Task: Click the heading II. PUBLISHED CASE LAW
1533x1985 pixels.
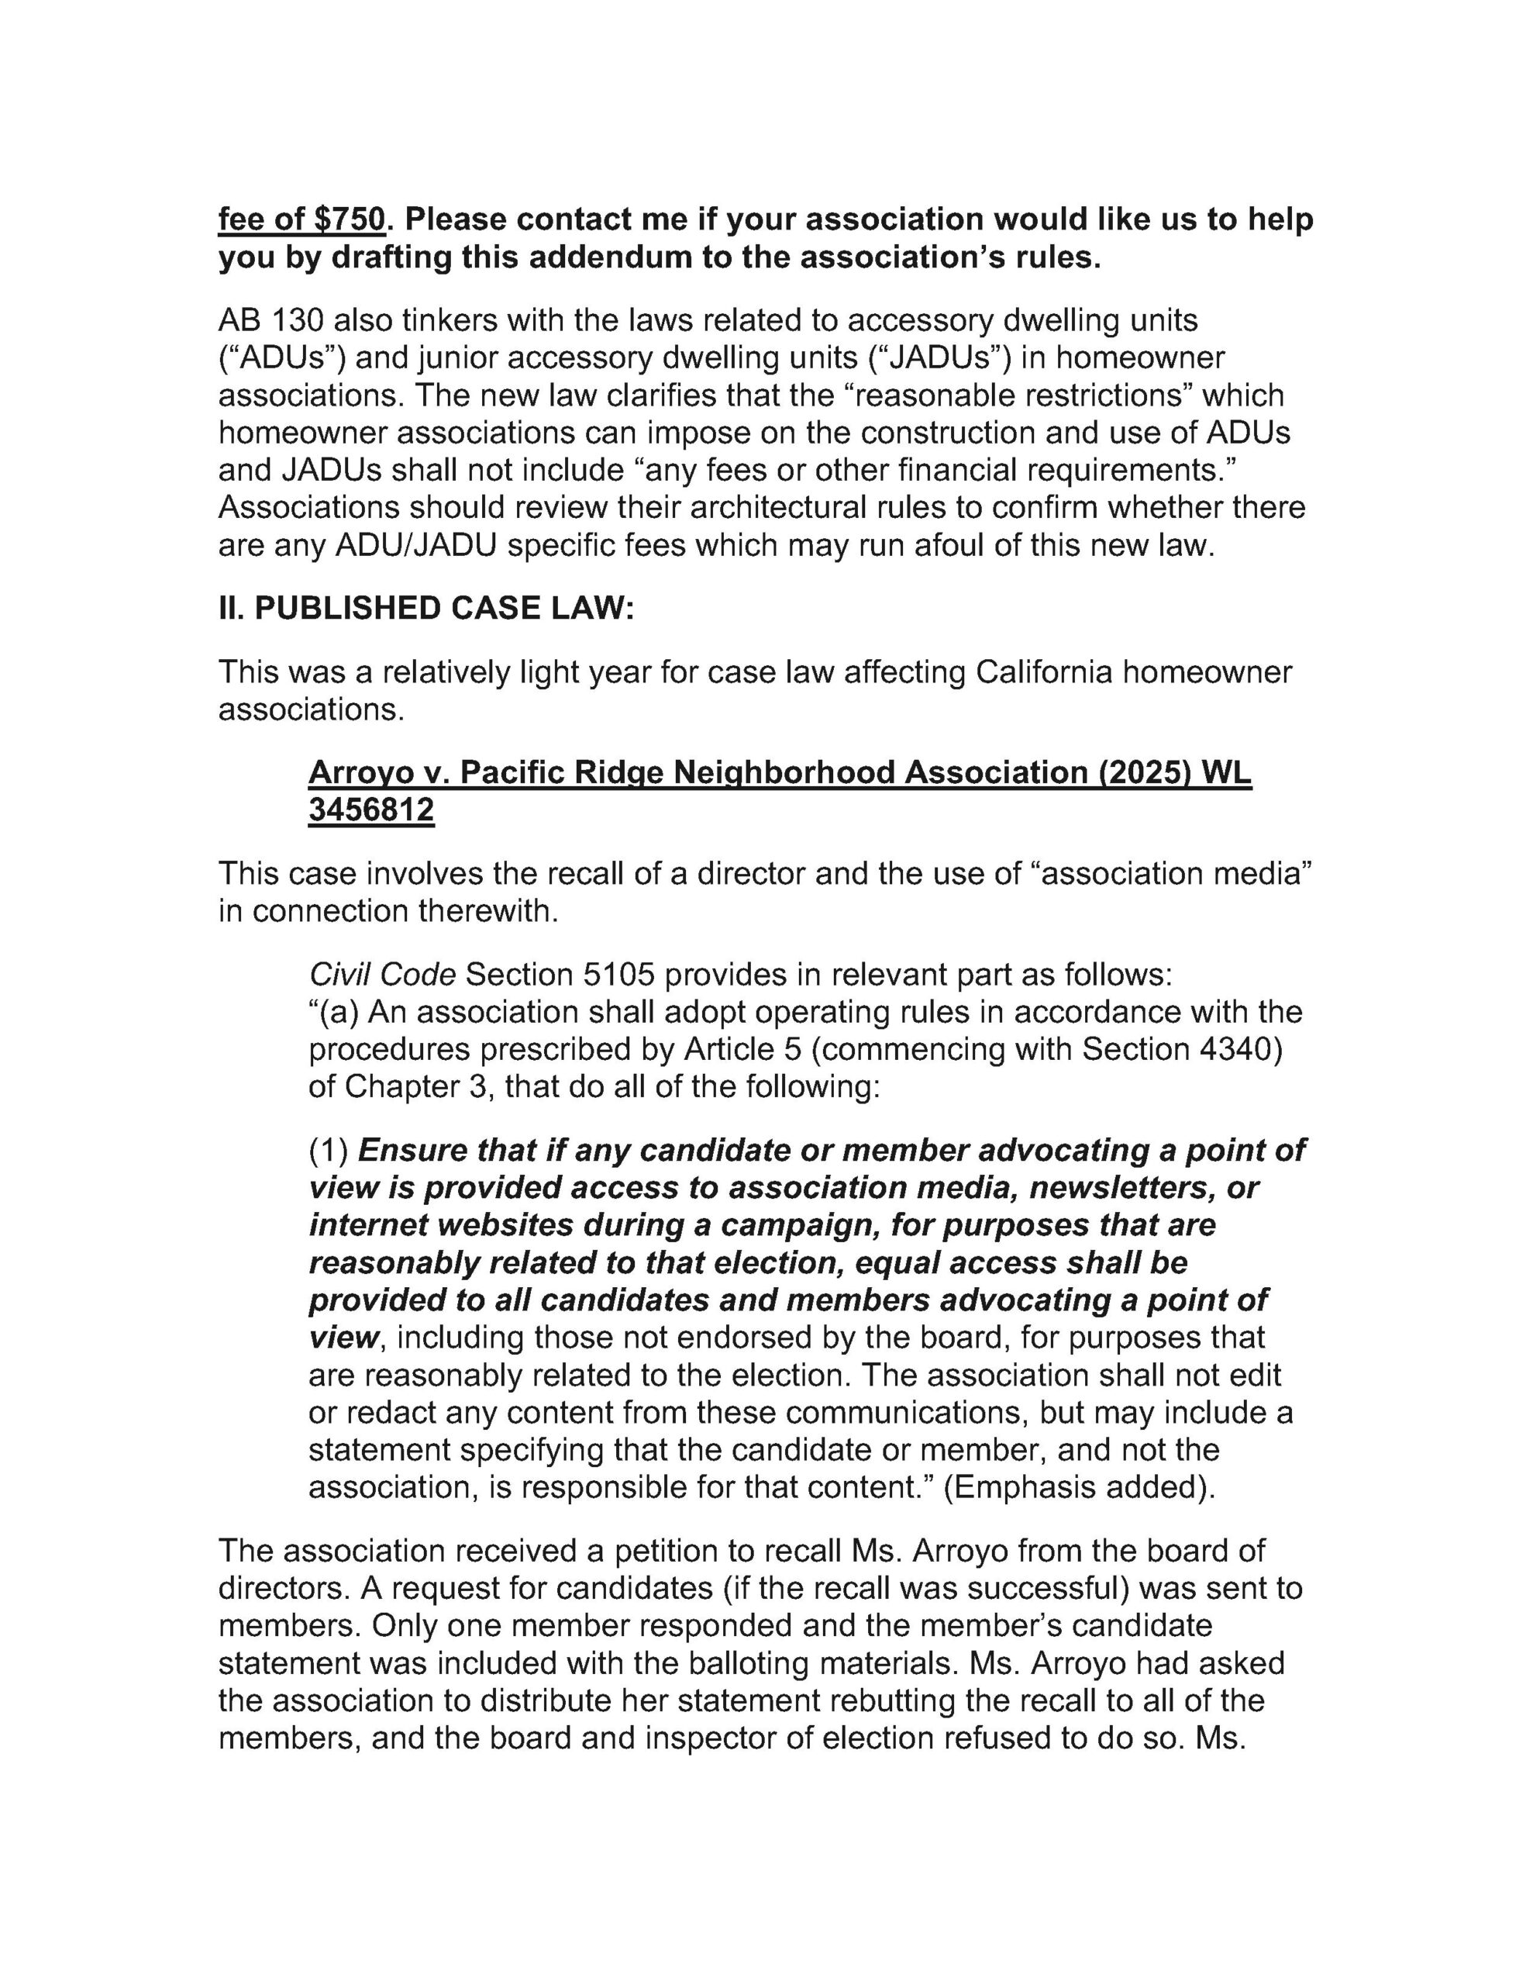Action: pyautogui.click(x=425, y=608)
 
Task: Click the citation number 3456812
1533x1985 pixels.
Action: pyautogui.click(x=370, y=810)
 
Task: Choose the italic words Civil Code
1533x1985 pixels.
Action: pyautogui.click(x=381, y=975)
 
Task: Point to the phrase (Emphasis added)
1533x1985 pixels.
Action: pyautogui.click(x=1080, y=1488)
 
